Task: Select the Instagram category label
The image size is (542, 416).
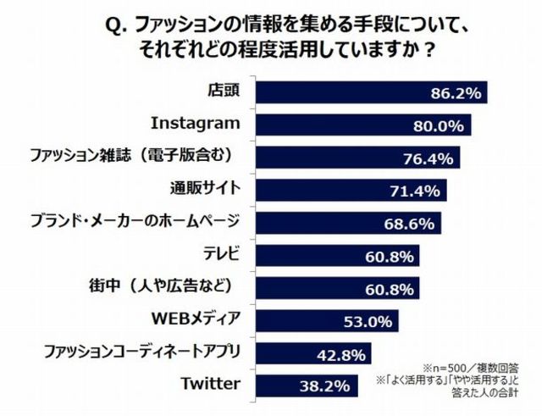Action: point(195,123)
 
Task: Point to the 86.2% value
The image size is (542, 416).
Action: point(457,91)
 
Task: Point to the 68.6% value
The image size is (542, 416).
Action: point(406,223)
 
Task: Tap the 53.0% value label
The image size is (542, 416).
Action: point(368,320)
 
